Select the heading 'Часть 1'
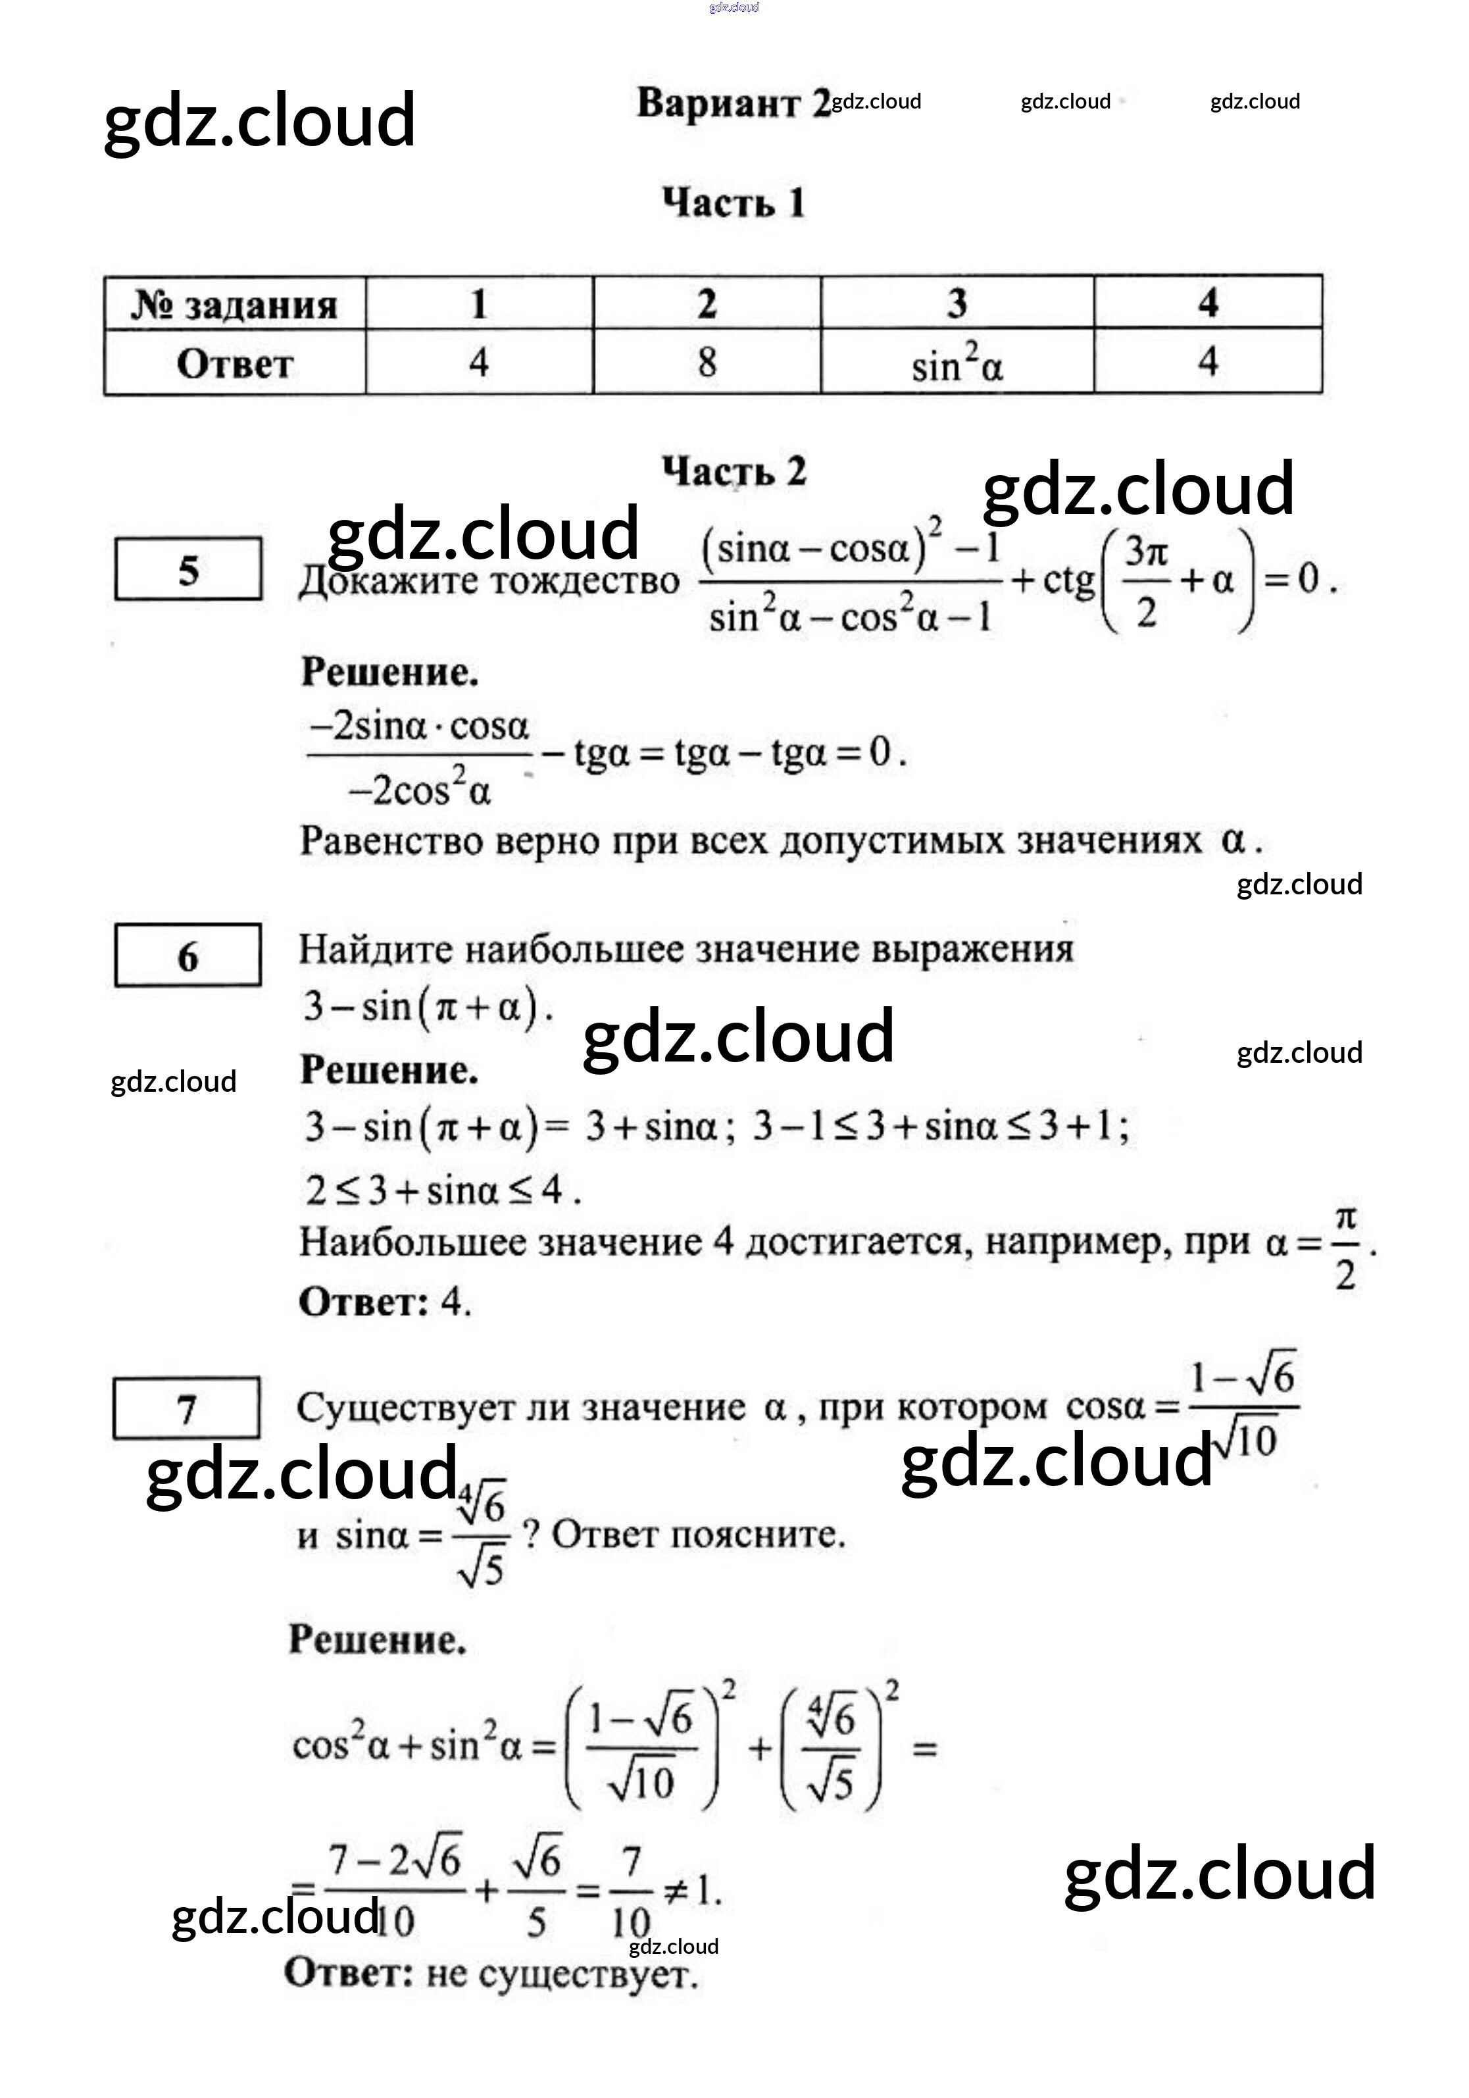734,203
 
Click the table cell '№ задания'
235,304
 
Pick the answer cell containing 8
706,363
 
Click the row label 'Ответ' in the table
235,365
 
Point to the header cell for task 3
957,303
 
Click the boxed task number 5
188,570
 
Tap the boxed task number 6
188,957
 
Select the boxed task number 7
186,1409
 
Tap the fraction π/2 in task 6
1345,1246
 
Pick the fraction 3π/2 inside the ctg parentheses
1145,581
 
